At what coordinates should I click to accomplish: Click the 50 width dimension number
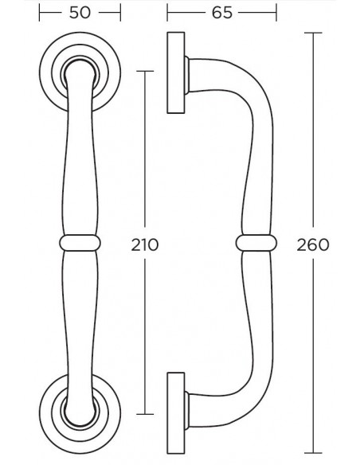coord(80,13)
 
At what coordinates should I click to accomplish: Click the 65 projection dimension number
coord(221,13)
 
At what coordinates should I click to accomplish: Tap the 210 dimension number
coord(145,245)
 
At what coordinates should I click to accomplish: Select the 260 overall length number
coord(313,245)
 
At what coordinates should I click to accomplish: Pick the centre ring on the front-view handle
coord(80,243)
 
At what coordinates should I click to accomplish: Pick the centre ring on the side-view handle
coord(256,243)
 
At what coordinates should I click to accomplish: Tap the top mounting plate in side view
coord(176,72)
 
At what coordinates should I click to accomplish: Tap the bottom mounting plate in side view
coord(176,413)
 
